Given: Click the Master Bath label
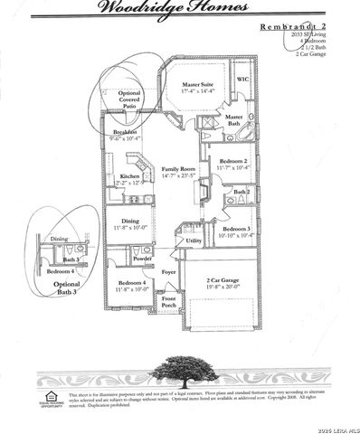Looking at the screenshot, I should click(x=233, y=120).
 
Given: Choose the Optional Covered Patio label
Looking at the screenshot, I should click(x=130, y=99).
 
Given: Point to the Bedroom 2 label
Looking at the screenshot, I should click(x=233, y=164).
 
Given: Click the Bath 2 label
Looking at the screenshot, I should click(x=242, y=192).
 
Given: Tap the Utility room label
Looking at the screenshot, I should click(x=194, y=241).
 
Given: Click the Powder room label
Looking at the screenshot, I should click(x=141, y=259).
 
